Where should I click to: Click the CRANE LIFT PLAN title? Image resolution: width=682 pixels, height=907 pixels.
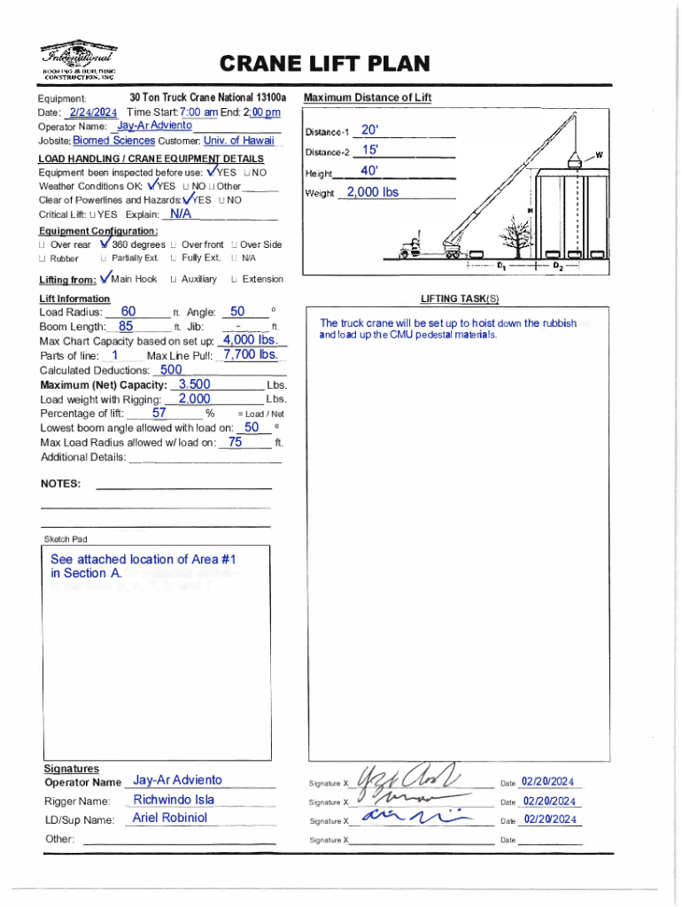tap(324, 64)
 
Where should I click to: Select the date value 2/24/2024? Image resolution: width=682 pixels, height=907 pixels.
tap(93, 112)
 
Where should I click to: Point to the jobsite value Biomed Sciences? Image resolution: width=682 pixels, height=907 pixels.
tap(113, 140)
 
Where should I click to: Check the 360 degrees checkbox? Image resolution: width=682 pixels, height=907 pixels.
tap(105, 244)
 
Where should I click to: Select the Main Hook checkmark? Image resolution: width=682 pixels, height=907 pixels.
tap(107, 278)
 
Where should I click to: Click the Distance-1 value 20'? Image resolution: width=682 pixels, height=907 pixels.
tap(370, 131)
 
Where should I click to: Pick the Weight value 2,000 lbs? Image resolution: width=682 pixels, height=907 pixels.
tap(372, 192)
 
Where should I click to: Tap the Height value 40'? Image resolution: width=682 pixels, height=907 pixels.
tap(369, 171)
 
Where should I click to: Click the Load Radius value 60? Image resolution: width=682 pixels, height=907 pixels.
tap(128, 311)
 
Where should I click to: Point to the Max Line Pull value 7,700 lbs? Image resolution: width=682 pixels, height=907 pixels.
tap(252, 355)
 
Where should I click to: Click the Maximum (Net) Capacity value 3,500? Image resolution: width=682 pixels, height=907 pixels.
tap(194, 384)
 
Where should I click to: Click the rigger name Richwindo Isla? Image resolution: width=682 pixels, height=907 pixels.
tap(174, 800)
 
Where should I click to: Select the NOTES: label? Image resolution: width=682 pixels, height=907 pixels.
tap(61, 484)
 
